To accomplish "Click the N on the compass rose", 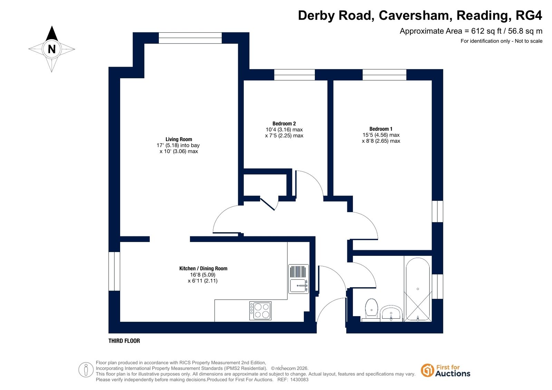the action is click(52, 49).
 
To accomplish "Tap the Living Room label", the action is click(179, 139).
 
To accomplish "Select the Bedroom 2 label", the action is click(284, 123).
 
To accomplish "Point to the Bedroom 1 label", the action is click(381, 129).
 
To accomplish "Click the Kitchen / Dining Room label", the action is click(203, 268).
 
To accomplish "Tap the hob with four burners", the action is click(261, 311).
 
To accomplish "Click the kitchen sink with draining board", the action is click(298, 279).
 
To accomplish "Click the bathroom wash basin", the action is click(391, 314).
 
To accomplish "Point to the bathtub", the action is click(418, 289).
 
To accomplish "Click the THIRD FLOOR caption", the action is click(124, 341).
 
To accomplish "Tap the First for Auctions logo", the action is click(446, 371).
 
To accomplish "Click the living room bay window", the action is click(190, 38).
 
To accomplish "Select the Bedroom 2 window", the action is click(294, 74).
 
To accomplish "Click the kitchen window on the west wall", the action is click(114, 271).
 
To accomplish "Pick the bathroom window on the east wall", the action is click(437, 286).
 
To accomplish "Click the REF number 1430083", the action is click(299, 379).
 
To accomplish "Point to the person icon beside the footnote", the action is click(86, 370).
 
